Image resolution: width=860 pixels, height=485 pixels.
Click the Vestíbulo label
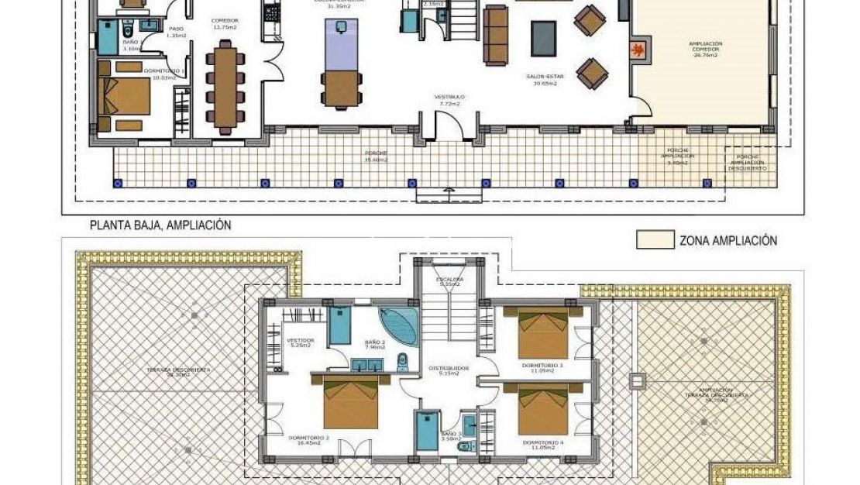[449, 99]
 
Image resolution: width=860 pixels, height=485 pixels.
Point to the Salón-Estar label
[545, 81]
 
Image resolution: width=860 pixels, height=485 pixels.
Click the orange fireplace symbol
[637, 50]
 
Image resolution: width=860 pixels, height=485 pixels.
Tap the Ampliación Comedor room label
[705, 50]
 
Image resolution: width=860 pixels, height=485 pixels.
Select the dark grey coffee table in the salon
[543, 37]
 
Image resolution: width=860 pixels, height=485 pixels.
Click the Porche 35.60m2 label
[377, 157]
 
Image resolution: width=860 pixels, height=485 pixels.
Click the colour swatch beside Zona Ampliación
[655, 240]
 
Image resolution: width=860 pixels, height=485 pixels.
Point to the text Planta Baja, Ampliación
[160, 225]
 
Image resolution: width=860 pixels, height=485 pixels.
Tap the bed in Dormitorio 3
[542, 331]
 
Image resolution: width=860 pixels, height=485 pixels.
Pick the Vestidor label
[300, 342]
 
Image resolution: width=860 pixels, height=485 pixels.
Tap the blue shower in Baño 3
[427, 431]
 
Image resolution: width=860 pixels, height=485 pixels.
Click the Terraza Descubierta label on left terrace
[178, 372]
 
